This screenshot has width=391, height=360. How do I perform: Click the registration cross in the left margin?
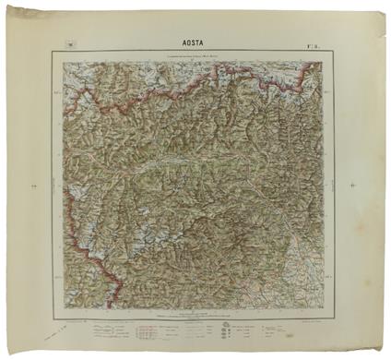tap(32, 186)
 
